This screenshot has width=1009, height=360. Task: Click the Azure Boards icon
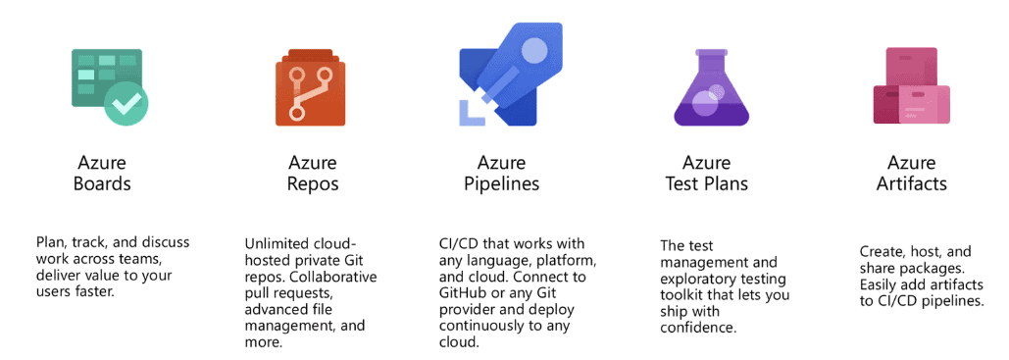(x=109, y=85)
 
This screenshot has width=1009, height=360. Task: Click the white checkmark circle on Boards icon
(x=126, y=103)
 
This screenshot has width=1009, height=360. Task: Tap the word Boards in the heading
(x=103, y=182)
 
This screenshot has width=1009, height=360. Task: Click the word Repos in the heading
(x=313, y=183)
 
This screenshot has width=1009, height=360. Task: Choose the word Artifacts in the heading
(x=913, y=183)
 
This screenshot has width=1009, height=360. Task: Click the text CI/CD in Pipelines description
(x=459, y=243)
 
